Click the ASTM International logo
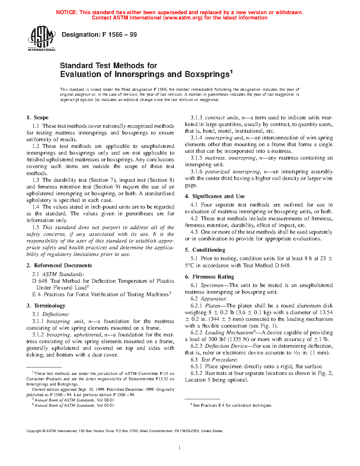click(x=41, y=38)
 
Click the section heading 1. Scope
click(x=37, y=118)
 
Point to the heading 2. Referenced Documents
click(x=59, y=265)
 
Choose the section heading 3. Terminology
click(x=46, y=306)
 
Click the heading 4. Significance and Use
click(x=215, y=196)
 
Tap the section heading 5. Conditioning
click(x=205, y=250)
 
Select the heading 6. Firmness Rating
click(x=209, y=277)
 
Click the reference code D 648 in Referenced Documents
click(x=40, y=281)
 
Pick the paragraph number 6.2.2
click(x=196, y=333)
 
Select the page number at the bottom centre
click(x=180, y=448)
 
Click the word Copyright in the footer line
click(x=34, y=431)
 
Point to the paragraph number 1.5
click(x=36, y=227)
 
